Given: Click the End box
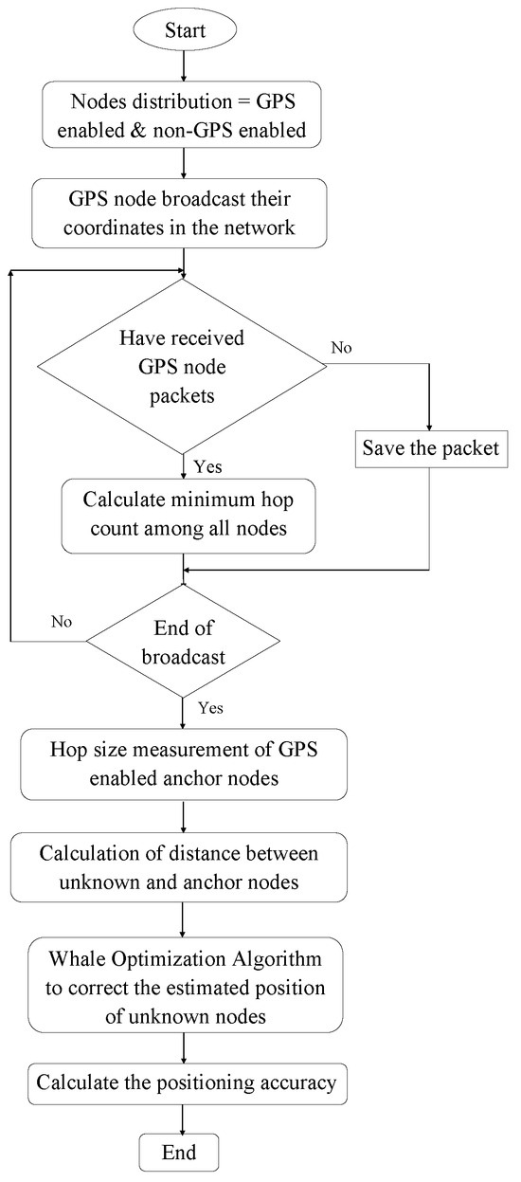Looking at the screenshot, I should pyautogui.click(x=180, y=1153).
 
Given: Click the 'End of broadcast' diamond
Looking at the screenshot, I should pyautogui.click(x=180, y=641).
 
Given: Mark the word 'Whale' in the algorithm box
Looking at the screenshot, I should pyautogui.click(x=85, y=965).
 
